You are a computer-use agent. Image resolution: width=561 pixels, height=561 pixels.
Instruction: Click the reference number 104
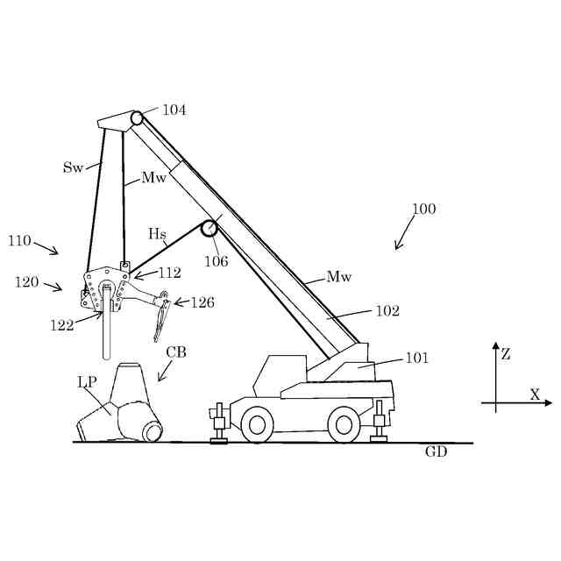tap(174, 110)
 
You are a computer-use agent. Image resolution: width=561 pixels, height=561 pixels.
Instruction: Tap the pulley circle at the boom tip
tap(137, 117)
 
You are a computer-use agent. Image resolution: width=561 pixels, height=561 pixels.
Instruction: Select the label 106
tap(217, 261)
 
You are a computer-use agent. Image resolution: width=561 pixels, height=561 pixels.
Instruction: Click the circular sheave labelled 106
tap(209, 229)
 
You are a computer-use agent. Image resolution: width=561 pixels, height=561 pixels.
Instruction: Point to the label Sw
tap(73, 167)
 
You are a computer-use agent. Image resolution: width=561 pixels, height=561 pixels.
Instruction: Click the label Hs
tap(157, 234)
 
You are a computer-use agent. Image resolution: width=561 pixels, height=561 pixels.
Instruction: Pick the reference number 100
tap(423, 209)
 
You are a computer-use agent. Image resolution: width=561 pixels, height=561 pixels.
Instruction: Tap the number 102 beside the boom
tap(387, 310)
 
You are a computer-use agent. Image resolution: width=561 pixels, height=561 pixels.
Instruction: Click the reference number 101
tap(416, 358)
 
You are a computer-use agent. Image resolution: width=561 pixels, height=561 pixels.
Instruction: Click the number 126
tap(202, 303)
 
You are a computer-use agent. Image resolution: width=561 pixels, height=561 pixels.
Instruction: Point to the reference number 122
tap(60, 325)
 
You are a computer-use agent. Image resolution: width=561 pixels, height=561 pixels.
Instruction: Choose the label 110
tap(19, 240)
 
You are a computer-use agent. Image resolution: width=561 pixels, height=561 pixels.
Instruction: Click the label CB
tap(176, 352)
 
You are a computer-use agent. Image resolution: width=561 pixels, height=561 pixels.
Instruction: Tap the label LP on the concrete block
tap(87, 382)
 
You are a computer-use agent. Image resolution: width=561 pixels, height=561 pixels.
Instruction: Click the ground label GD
tap(436, 452)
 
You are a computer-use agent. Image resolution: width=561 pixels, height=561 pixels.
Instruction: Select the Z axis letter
tap(506, 355)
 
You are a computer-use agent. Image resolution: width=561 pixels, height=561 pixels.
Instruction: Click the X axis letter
tap(535, 394)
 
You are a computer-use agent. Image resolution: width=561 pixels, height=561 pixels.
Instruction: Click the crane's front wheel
tap(257, 425)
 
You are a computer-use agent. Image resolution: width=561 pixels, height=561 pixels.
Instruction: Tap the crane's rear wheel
tap(344, 425)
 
